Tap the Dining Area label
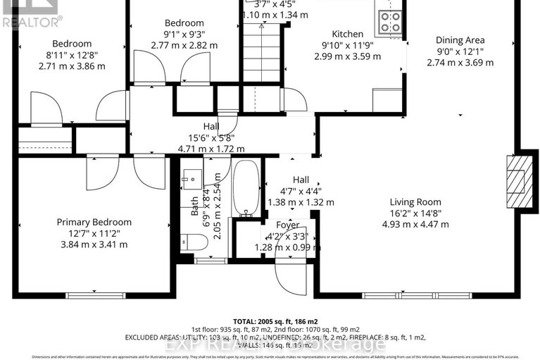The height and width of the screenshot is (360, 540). coord(460,40)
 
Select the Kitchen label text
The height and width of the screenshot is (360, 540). coord(347,34)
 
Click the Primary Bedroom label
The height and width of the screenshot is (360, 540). coord(94,222)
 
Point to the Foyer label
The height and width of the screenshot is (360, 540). coord(287,225)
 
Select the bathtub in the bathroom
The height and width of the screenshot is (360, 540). coord(246,189)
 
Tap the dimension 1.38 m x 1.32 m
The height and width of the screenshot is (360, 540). coord(301,202)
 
